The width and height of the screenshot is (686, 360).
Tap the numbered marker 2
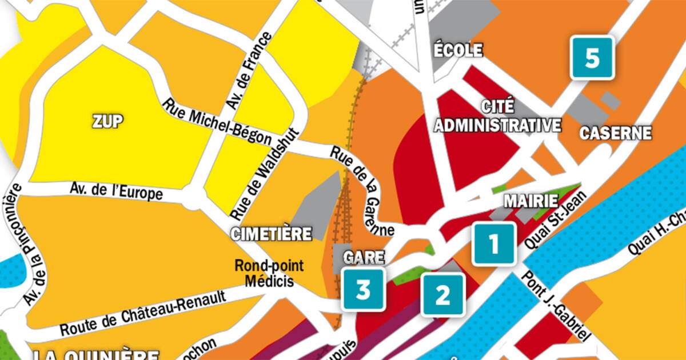(x=443, y=294)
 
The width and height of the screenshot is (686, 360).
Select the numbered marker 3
(x=364, y=290)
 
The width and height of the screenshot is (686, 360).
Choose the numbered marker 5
(x=592, y=58)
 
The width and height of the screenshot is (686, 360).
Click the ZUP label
(x=107, y=121)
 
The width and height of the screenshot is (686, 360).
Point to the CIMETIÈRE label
(x=272, y=233)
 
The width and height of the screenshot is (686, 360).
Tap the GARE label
(x=363, y=257)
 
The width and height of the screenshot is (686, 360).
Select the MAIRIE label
(x=531, y=201)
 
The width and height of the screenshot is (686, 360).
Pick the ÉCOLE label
(x=458, y=50)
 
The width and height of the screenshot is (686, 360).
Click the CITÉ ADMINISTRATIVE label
(x=497, y=116)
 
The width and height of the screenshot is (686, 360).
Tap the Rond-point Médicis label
(x=269, y=273)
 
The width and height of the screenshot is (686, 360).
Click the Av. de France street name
(x=249, y=71)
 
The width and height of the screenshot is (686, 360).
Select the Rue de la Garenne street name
(x=363, y=191)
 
